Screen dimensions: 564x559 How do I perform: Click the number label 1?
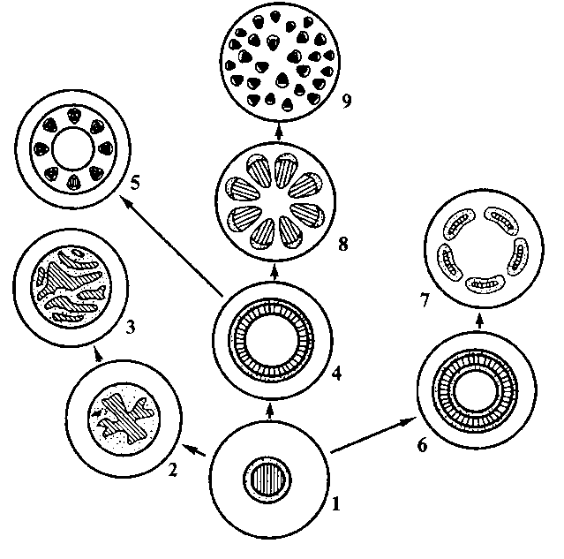pos(336,503)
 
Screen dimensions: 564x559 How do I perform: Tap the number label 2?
pos(173,470)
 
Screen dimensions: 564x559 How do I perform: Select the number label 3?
pos(131,327)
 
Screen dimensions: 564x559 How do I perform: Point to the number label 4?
pos(336,374)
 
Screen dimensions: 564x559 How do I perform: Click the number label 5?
pos(134,183)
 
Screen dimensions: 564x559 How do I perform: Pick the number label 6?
pos(422,445)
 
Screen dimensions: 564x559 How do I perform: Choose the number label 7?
pos(425,300)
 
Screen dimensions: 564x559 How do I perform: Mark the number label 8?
pos(343,245)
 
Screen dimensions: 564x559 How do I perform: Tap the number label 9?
pos(346,102)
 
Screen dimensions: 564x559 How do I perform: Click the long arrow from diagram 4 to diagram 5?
pos(171,246)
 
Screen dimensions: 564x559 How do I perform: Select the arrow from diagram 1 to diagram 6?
pos(373,434)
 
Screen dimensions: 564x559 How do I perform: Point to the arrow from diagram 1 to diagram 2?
pos(194,449)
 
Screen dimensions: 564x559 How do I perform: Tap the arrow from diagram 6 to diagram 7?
pos(479,320)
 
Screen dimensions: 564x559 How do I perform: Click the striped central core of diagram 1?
pos(267,480)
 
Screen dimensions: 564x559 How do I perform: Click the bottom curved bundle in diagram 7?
pos(485,283)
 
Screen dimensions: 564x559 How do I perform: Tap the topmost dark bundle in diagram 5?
pos(74,116)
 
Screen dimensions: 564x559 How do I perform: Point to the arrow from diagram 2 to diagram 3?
pos(97,353)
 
